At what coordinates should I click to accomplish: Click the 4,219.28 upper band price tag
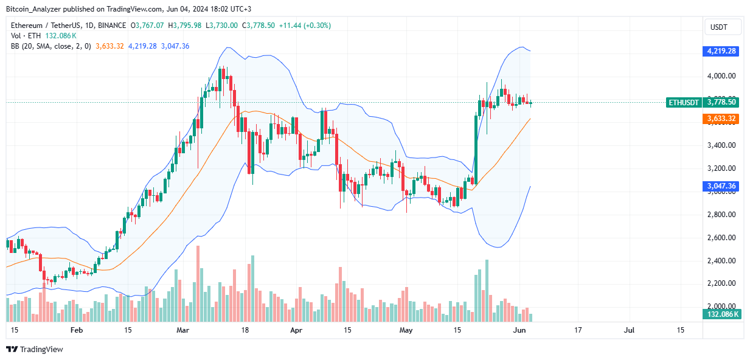pyautogui.click(x=721, y=51)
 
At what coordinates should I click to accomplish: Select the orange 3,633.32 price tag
pyautogui.click(x=721, y=119)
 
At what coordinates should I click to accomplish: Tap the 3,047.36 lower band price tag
pyautogui.click(x=721, y=186)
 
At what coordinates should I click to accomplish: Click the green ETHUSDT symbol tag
pyautogui.click(x=683, y=103)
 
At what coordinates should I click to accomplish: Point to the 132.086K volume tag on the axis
pyautogui.click(x=721, y=314)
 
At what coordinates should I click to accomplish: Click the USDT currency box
pyautogui.click(x=723, y=27)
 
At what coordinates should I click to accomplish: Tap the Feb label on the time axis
pyautogui.click(x=77, y=330)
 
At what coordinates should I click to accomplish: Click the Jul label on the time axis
pyautogui.click(x=629, y=330)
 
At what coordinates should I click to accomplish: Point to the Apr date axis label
pyautogui.click(x=296, y=330)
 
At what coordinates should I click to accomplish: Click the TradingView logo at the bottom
pyautogui.click(x=35, y=349)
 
